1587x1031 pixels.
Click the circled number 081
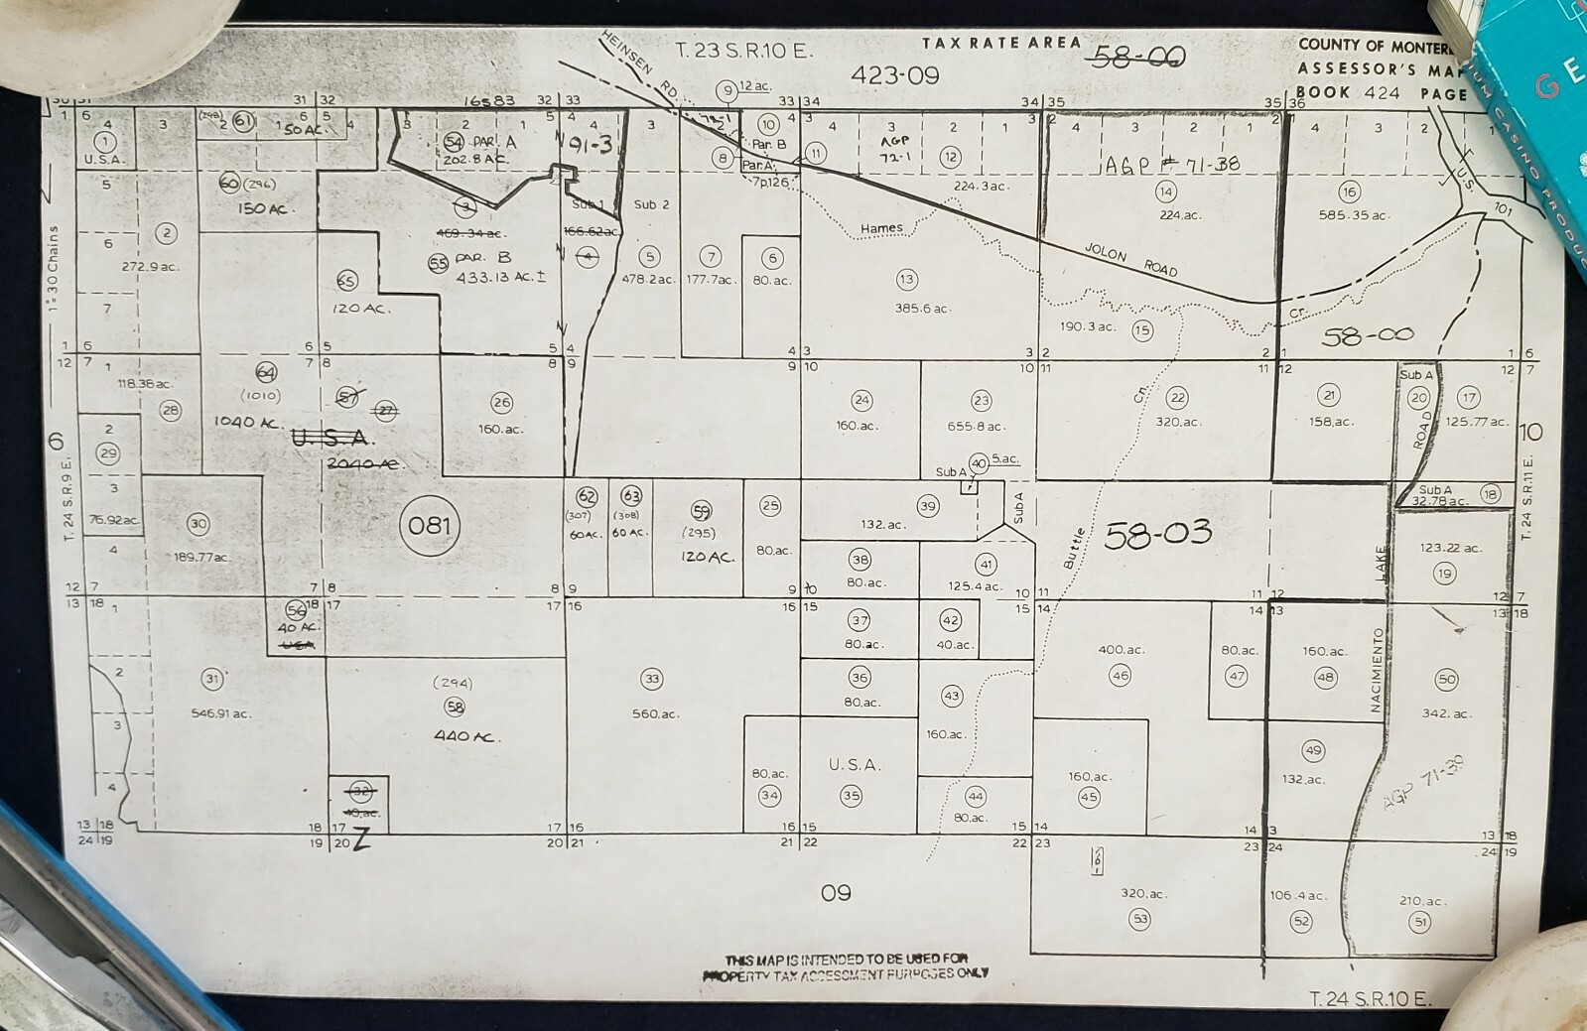430,525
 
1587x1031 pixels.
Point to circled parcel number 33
651,680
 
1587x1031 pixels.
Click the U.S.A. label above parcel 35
855,765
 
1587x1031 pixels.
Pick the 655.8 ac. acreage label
977,427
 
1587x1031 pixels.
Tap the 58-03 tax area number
1158,534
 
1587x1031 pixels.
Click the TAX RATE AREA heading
1000,43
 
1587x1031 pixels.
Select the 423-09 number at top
895,75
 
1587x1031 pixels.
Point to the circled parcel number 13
906,279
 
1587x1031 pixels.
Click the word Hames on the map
881,228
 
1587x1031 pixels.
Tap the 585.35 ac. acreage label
1354,215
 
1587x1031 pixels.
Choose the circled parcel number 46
1121,675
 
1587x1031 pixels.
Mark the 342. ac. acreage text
1445,713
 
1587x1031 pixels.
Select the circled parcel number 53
1140,919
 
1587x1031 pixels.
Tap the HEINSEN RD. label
639,64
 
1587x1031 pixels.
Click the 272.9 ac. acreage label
150,267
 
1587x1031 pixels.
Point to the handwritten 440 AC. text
465,736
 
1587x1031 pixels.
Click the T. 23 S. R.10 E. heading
743,51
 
